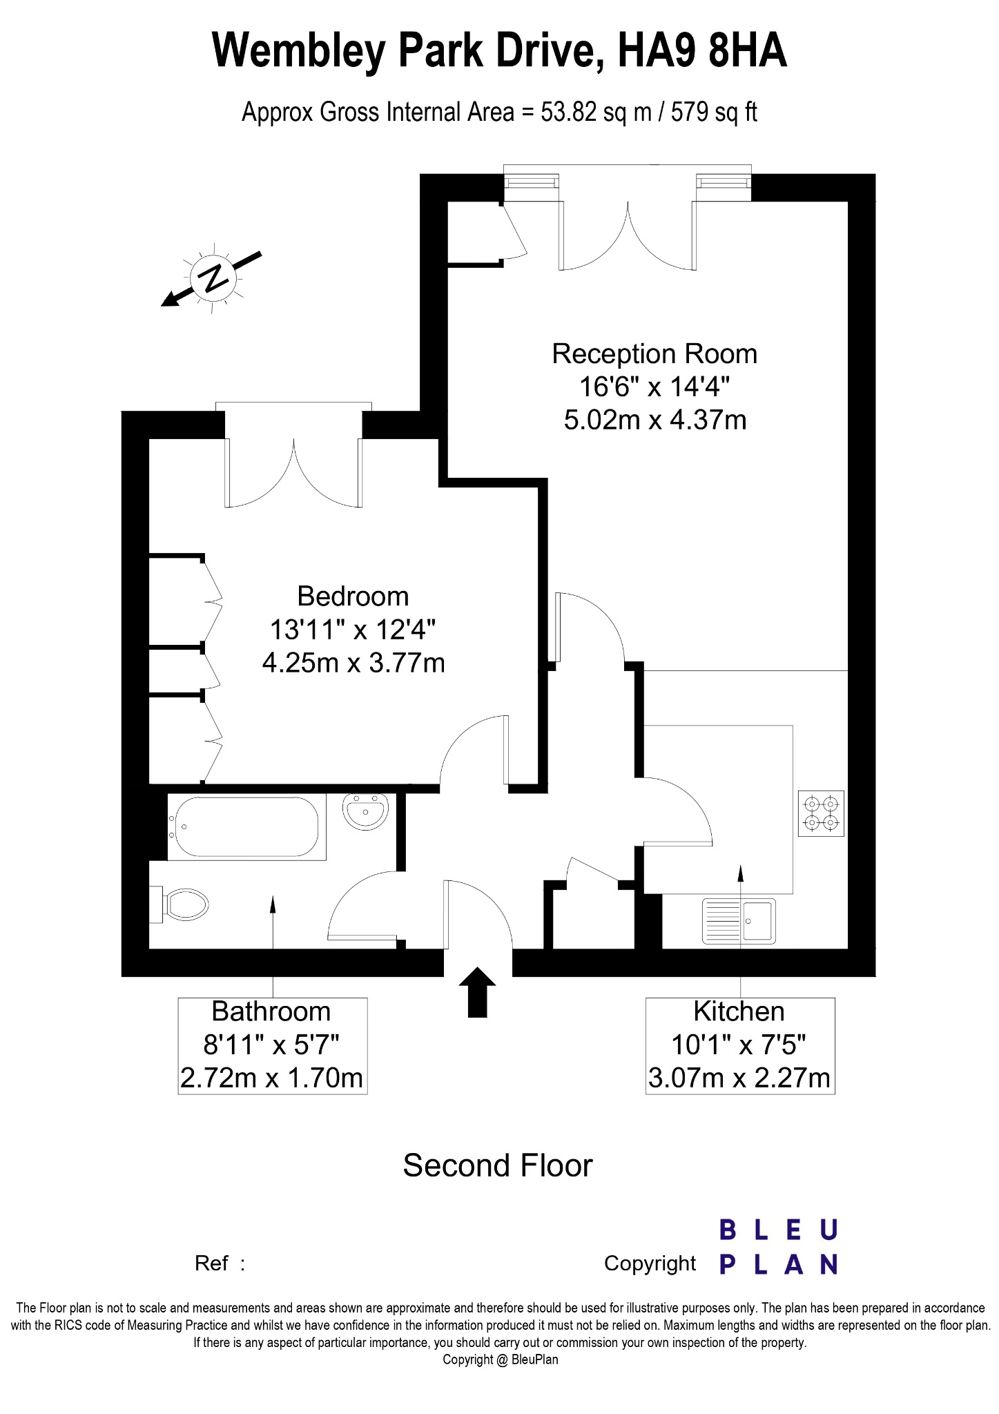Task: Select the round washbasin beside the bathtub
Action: click(366, 811)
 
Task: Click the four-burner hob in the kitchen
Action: click(821, 813)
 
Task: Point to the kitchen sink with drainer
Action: click(739, 920)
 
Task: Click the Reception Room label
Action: click(654, 354)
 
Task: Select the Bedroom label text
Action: click(353, 597)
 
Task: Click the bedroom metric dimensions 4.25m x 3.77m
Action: click(353, 663)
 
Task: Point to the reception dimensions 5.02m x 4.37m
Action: click(655, 420)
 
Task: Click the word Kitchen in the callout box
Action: click(739, 1011)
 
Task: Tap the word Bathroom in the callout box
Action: click(271, 1011)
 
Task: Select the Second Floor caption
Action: click(498, 1165)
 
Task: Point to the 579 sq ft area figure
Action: click(714, 113)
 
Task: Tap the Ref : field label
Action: click(220, 1263)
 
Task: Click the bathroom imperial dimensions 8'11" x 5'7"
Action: click(271, 1045)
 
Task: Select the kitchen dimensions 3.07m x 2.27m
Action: click(739, 1078)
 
